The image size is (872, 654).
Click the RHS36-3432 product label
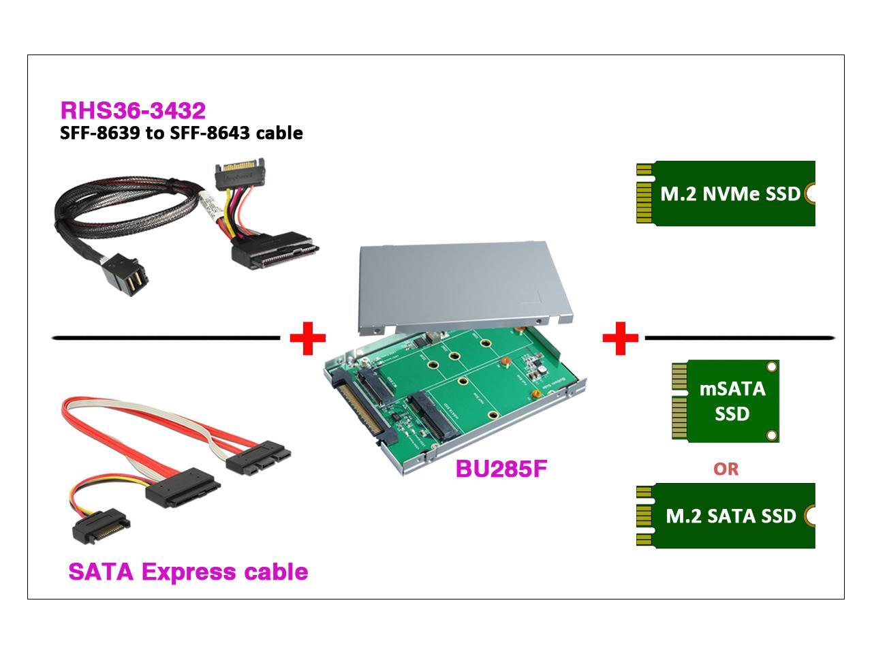pyautogui.click(x=133, y=110)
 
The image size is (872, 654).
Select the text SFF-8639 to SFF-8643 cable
pyautogui.click(x=181, y=133)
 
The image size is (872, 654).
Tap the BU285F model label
pyautogui.click(x=501, y=469)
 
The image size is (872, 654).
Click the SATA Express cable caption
pyautogui.click(x=188, y=572)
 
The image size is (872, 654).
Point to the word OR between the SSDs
pyautogui.click(x=726, y=469)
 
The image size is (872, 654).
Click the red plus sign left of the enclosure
pyautogui.click(x=308, y=337)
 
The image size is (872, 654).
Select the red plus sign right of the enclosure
pyautogui.click(x=620, y=337)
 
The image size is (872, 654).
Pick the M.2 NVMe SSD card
pyautogui.click(x=726, y=193)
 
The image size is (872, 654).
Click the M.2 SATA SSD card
pyautogui.click(x=726, y=516)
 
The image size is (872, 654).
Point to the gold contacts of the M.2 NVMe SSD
pyautogui.click(x=643, y=193)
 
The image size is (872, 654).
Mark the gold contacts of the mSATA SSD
pyautogui.click(x=679, y=401)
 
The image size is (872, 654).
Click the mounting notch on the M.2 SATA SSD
pyautogui.click(x=810, y=516)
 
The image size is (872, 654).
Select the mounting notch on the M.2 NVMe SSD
pyautogui.click(x=810, y=193)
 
